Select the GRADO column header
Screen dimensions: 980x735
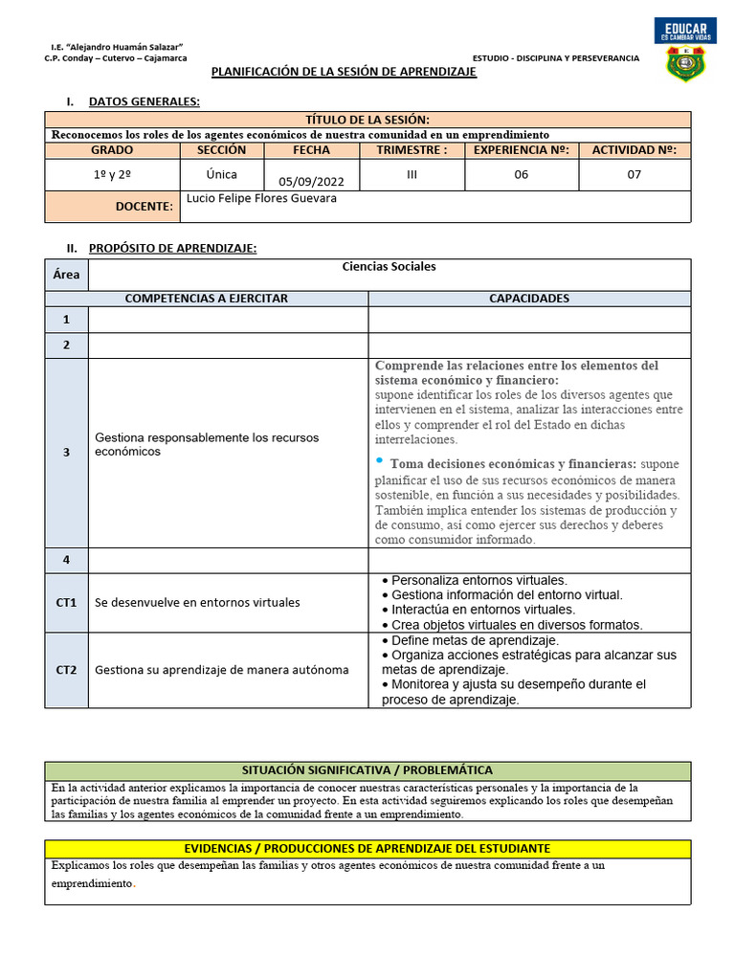(112, 150)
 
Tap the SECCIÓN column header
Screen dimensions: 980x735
(221, 150)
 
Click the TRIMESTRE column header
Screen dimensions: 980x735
(412, 150)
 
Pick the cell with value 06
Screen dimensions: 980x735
(521, 174)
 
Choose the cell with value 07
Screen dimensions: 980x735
(635, 174)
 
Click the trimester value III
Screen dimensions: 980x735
(412, 174)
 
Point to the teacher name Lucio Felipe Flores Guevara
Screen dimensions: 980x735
(255, 198)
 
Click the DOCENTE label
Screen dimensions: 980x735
(145, 207)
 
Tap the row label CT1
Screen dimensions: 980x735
(66, 603)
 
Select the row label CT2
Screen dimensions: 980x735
(66, 669)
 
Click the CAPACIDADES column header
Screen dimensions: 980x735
(528, 299)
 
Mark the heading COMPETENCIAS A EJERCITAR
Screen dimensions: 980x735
(207, 299)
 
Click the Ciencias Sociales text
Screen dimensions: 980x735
(389, 267)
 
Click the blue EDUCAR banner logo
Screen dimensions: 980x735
(685, 31)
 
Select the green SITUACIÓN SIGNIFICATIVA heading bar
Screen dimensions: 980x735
(367, 770)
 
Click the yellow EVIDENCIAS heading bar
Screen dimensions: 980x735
(367, 849)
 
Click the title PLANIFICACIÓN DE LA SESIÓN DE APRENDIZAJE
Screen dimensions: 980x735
(343, 73)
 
